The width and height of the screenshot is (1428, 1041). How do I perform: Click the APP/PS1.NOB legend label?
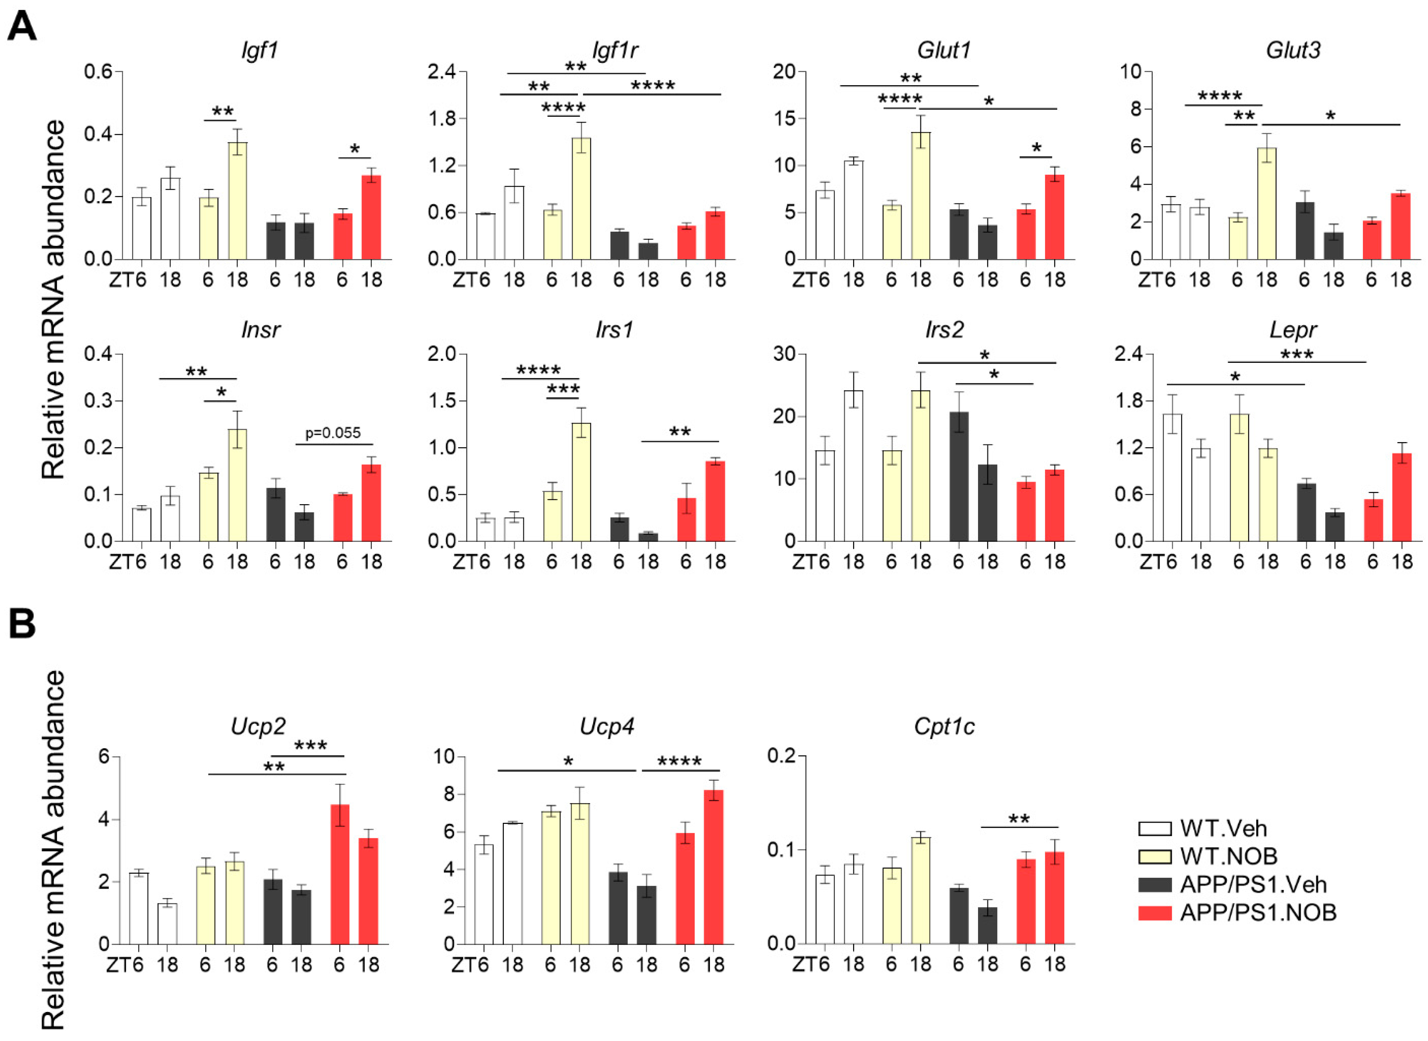(x=1258, y=912)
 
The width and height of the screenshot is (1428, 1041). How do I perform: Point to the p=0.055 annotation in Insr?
(x=333, y=433)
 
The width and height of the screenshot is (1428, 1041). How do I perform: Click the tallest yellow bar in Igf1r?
(x=581, y=199)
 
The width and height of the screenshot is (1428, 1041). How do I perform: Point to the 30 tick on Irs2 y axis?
(x=785, y=354)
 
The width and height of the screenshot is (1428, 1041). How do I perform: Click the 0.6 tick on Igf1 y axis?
(x=98, y=72)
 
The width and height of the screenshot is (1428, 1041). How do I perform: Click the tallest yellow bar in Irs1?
(x=581, y=482)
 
